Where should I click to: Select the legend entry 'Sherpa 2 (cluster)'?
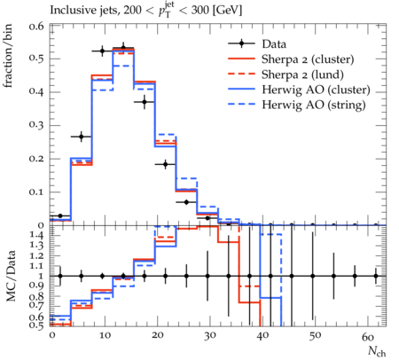tap(308, 59)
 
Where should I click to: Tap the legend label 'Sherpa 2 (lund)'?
tap(302, 74)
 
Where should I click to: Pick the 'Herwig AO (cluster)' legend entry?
tap(316, 90)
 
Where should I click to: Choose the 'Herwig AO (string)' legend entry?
tap(313, 105)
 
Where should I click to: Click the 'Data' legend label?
tap(274, 44)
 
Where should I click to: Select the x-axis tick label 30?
tap(209, 336)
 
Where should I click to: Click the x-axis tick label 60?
tap(368, 336)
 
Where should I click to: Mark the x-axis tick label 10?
tap(105, 336)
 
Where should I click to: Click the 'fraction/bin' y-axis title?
tap(8, 56)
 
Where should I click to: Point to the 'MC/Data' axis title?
tap(11, 276)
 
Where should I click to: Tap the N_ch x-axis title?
tap(377, 351)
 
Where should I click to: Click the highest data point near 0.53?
tap(123, 48)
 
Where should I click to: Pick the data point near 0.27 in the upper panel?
tap(82, 137)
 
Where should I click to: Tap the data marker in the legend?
tap(241, 43)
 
